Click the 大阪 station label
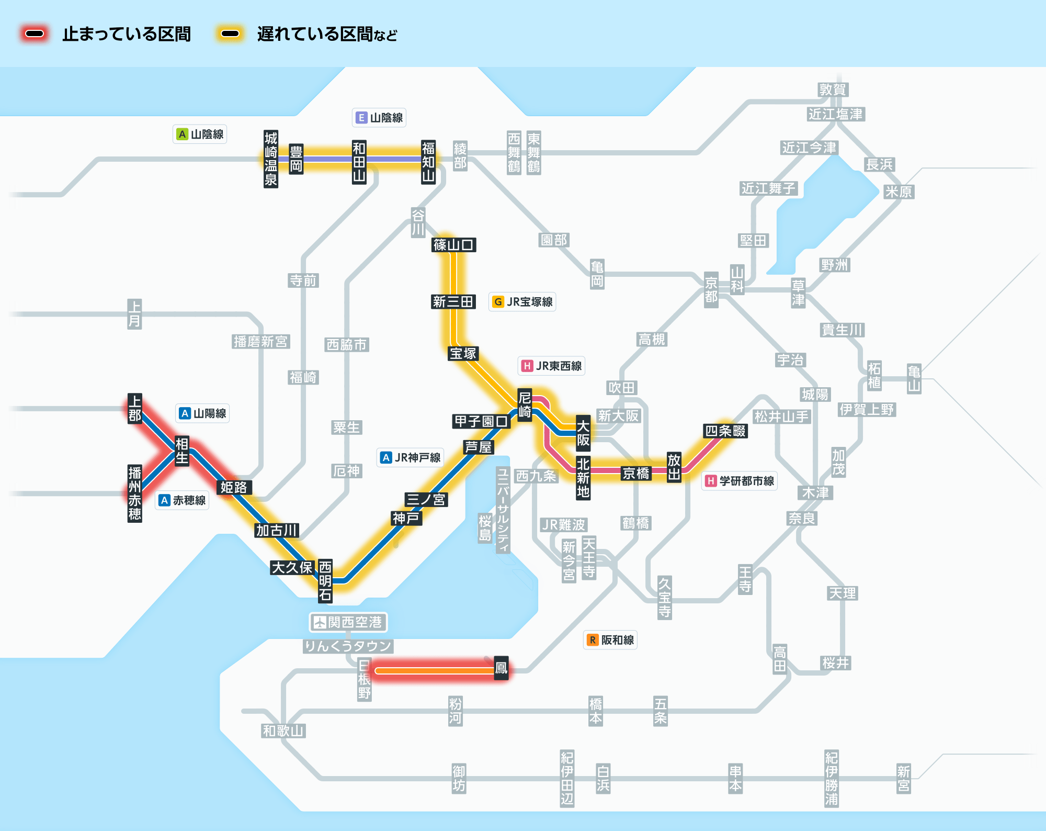[x=583, y=433]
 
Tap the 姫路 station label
[x=234, y=488]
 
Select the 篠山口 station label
[x=454, y=244]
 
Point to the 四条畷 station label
[x=725, y=431]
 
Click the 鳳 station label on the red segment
[x=501, y=668]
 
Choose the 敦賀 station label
[x=833, y=89]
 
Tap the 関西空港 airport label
[x=348, y=622]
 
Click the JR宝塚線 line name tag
[x=522, y=302]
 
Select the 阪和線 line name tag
[x=610, y=640]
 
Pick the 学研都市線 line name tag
[x=740, y=481]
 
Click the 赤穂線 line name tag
[x=183, y=500]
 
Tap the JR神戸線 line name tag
[x=411, y=457]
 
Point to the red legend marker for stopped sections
[x=35, y=34]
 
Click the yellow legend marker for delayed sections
[x=230, y=34]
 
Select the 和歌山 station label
[x=283, y=731]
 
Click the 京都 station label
[x=711, y=290]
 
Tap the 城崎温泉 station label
[x=271, y=159]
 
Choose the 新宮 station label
[x=904, y=779]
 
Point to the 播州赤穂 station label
[x=135, y=493]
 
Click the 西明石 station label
[x=325, y=581]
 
